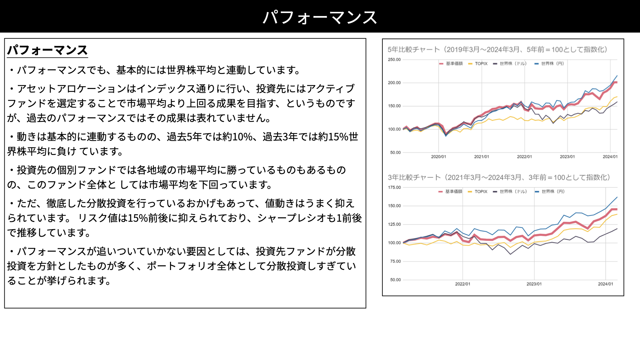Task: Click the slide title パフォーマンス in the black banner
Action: (x=320, y=17)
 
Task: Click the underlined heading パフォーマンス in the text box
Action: (x=47, y=50)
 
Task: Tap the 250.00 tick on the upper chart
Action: (x=394, y=60)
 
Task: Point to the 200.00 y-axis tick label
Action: (x=394, y=83)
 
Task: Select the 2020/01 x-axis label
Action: (x=438, y=157)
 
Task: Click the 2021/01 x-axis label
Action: (x=481, y=157)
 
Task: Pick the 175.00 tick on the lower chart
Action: (x=394, y=187)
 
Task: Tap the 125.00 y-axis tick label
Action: (x=394, y=224)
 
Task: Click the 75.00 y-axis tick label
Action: (x=395, y=261)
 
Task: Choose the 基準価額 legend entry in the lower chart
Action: (x=450, y=192)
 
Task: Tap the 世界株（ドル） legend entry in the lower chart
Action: (x=510, y=192)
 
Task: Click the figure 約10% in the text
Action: (x=237, y=137)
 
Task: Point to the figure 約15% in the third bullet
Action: (x=333, y=137)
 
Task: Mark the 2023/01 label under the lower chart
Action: (x=534, y=284)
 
